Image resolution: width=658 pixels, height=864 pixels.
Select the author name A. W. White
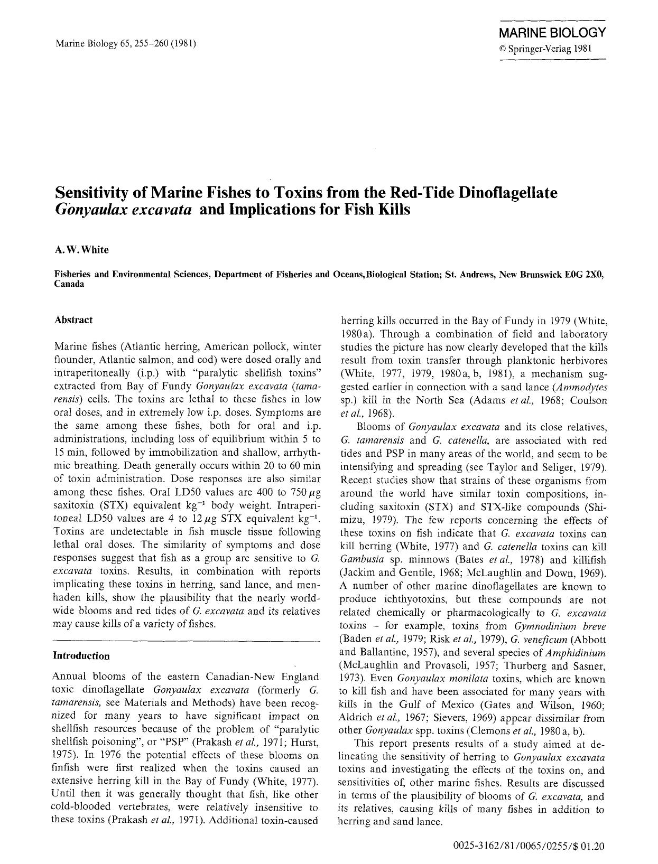point(82,250)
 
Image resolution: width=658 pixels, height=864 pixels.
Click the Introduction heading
point(81,656)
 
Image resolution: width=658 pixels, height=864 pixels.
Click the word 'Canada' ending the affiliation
point(69,284)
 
